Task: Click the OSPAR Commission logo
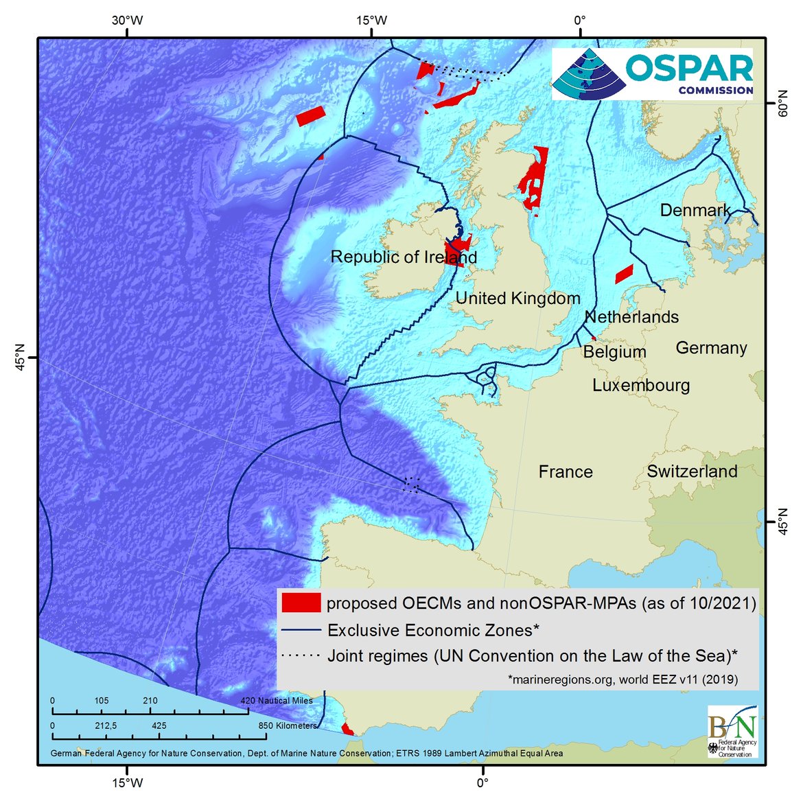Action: [652, 74]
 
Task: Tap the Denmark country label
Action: [695, 210]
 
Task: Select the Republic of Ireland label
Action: [404, 257]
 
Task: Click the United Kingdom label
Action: [517, 299]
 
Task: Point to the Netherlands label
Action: [631, 317]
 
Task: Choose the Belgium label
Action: [614, 352]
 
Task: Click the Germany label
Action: [711, 348]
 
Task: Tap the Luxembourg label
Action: [641, 385]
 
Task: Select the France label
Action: [566, 472]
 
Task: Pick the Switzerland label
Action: [692, 472]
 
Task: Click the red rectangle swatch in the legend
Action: [301, 603]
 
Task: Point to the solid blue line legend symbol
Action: [301, 630]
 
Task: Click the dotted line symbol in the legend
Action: [301, 656]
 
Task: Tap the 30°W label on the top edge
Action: [128, 21]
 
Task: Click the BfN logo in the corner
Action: [732, 732]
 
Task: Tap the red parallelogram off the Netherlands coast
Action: [624, 274]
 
